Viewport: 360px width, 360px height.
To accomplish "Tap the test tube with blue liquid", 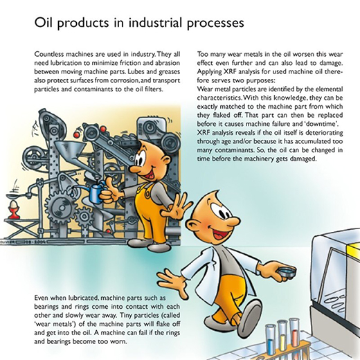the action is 270,339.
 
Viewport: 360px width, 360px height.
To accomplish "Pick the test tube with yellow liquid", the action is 282,337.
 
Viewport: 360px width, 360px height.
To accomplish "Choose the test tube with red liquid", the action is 294,334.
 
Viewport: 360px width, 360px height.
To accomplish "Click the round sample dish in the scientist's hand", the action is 287,271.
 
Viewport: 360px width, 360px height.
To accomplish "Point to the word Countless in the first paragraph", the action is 49,54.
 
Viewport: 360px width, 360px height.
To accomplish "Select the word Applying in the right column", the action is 209,72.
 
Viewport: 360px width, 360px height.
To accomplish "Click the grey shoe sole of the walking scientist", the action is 250,316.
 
